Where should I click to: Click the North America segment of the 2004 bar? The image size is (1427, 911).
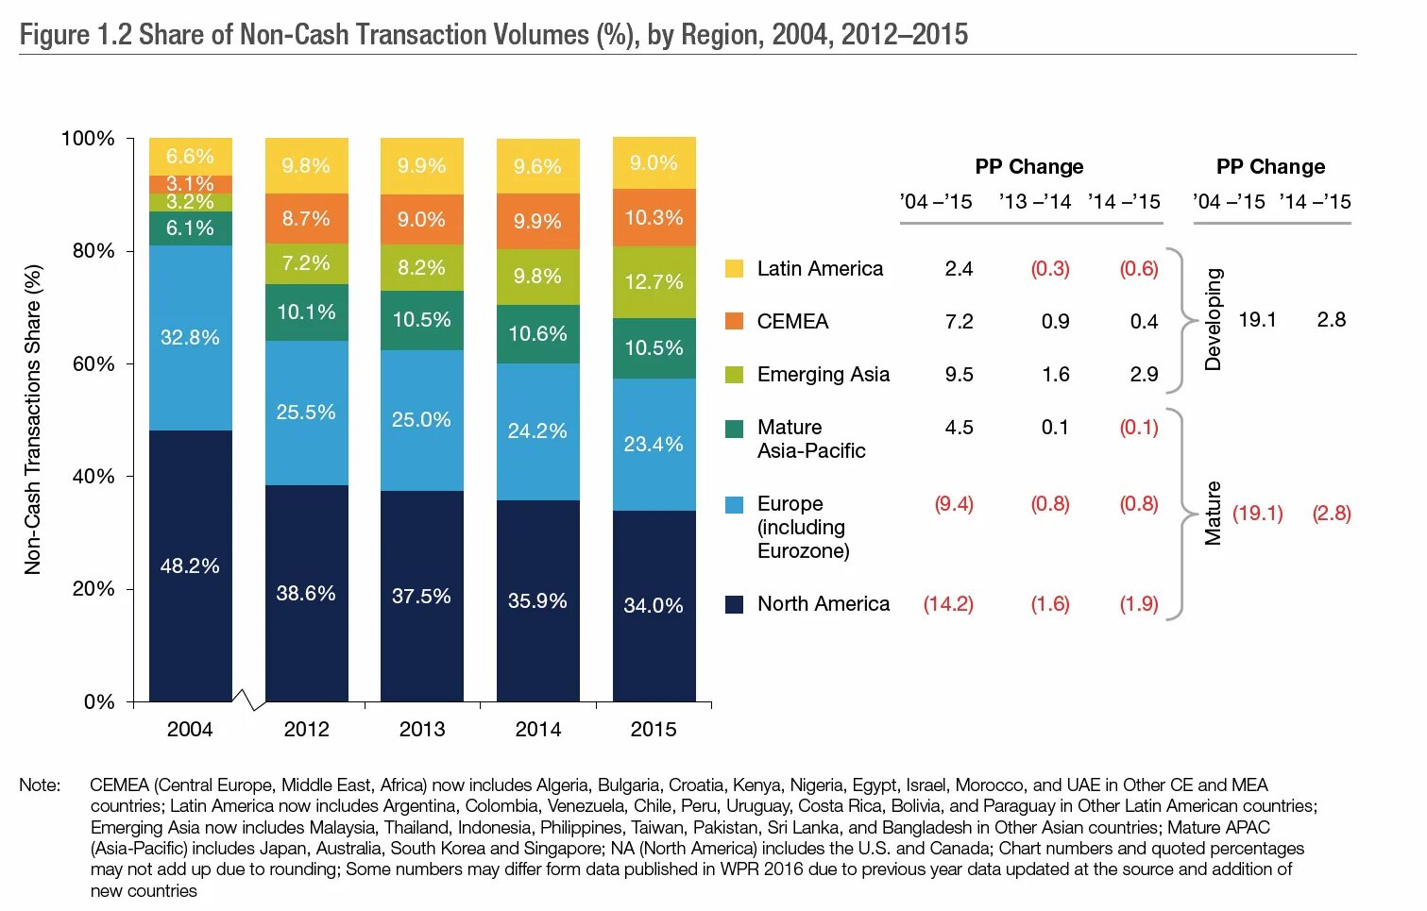(190, 565)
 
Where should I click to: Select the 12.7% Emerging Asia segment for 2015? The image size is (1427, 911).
(654, 282)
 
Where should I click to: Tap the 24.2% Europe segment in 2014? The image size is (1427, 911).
(537, 431)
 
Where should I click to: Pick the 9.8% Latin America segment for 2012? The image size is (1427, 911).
(306, 166)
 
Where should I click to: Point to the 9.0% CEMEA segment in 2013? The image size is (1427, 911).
(421, 219)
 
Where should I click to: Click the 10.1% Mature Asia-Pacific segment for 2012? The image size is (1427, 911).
(306, 312)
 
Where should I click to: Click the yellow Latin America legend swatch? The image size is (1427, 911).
(734, 269)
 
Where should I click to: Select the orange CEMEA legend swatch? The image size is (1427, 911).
(734, 322)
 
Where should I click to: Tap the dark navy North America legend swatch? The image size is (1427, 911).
(734, 604)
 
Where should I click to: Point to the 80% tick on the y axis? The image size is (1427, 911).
(93, 251)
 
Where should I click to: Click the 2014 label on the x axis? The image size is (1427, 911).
(537, 729)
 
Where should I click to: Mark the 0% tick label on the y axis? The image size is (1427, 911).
(99, 702)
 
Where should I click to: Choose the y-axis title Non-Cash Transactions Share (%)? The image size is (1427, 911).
(33, 420)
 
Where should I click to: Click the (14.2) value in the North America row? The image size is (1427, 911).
(948, 604)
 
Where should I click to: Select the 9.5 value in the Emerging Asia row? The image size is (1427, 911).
(959, 375)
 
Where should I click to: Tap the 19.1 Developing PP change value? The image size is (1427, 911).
(1257, 320)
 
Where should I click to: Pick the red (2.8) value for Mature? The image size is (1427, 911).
(1332, 514)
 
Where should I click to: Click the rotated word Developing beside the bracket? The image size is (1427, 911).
(1214, 320)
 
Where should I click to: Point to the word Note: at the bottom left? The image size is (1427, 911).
(40, 785)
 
